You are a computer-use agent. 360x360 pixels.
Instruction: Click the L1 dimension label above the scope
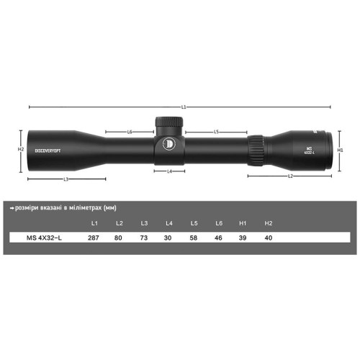pyautogui.click(x=184, y=107)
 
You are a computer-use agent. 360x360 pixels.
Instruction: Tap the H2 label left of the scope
pyautogui.click(x=21, y=149)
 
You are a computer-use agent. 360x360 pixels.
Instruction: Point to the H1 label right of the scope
pyautogui.click(x=340, y=150)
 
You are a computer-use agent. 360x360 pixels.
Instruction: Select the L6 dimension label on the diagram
pyautogui.click(x=130, y=132)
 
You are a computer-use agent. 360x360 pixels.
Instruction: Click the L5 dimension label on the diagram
pyautogui.click(x=216, y=132)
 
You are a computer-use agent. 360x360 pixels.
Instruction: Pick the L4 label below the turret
pyautogui.click(x=170, y=171)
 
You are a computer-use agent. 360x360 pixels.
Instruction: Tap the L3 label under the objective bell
pyautogui.click(x=66, y=179)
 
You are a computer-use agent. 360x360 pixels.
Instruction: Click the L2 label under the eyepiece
pyautogui.click(x=290, y=176)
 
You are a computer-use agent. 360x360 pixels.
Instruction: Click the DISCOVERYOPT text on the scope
pyautogui.click(x=48, y=150)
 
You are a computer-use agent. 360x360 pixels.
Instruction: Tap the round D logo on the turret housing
pyautogui.click(x=169, y=144)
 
